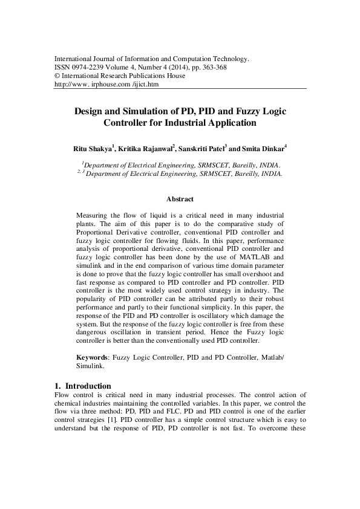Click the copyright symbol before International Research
pos(57,76)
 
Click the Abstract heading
pos(180,199)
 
